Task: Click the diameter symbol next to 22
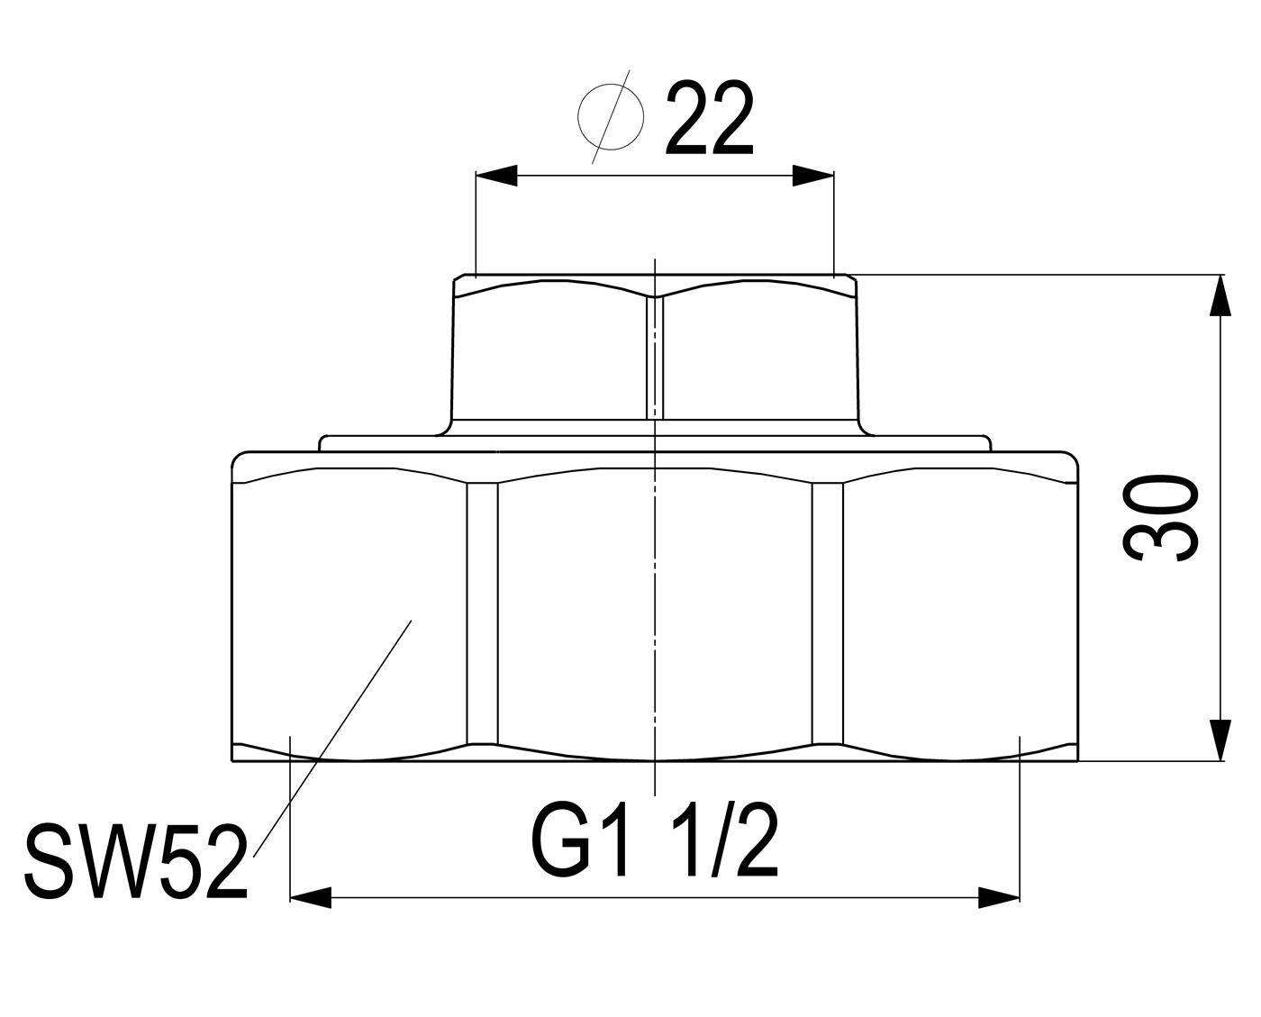(611, 117)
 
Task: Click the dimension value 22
(709, 118)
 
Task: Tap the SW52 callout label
(135, 864)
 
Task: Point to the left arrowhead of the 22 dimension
(496, 176)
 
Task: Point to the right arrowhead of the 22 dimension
(812, 176)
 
